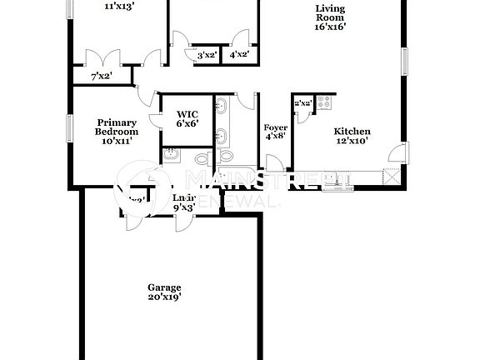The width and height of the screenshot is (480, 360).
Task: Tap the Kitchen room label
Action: pos(352,132)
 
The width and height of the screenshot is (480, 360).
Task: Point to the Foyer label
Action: pos(276,127)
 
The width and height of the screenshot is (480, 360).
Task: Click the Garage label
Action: pos(165,287)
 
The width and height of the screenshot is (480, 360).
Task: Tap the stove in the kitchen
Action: pos(324,104)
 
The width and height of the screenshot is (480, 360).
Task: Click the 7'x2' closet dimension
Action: pos(102,77)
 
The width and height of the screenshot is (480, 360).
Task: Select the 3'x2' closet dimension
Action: pos(207,55)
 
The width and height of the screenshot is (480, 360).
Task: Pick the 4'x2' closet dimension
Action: pos(238,55)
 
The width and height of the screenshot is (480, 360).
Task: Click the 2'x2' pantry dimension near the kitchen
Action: pos(303,103)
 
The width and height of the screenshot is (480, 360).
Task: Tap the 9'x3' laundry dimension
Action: pos(184,207)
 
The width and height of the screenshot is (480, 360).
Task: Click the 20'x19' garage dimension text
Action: pos(165,297)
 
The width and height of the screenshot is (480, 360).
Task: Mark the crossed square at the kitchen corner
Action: pos(392,176)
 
